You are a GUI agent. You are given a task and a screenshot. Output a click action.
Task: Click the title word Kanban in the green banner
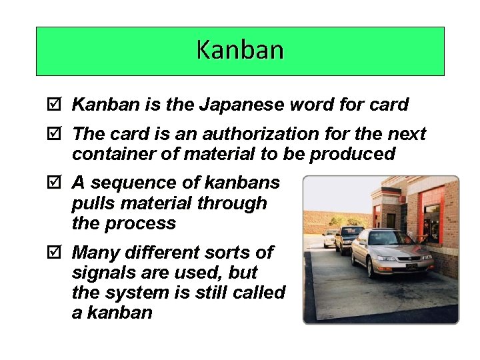[240, 50]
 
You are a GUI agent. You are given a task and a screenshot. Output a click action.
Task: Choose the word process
[140, 223]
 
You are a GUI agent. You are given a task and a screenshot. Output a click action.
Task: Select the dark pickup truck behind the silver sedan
[348, 239]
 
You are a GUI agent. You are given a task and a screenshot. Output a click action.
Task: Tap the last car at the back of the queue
[329, 238]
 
